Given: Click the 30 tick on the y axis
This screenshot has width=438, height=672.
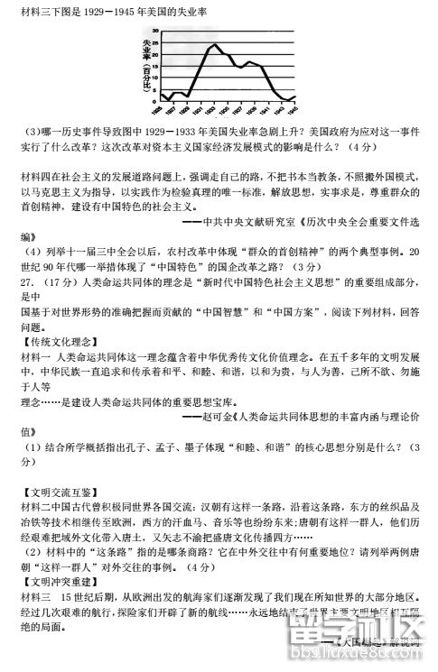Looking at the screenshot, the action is point(154,31).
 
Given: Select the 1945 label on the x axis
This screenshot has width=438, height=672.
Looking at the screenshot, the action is point(293,109).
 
